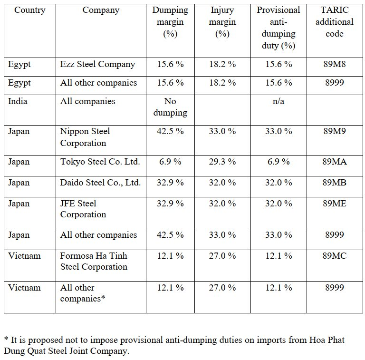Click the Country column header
(x=29, y=10)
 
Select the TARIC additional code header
(x=335, y=22)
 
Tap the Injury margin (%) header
(x=222, y=22)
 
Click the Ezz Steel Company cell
(x=97, y=64)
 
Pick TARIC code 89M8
(x=335, y=64)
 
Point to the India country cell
(x=18, y=101)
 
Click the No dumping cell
(x=170, y=107)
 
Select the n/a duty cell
(x=279, y=101)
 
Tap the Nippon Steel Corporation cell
(x=85, y=137)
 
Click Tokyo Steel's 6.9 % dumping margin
(x=170, y=162)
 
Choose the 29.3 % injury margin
(x=222, y=162)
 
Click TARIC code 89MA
(x=335, y=162)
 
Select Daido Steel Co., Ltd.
(x=100, y=183)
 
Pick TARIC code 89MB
(x=335, y=183)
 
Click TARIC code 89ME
(x=335, y=204)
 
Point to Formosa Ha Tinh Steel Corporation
(x=94, y=261)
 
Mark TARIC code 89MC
(x=335, y=256)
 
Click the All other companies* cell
(x=82, y=293)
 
